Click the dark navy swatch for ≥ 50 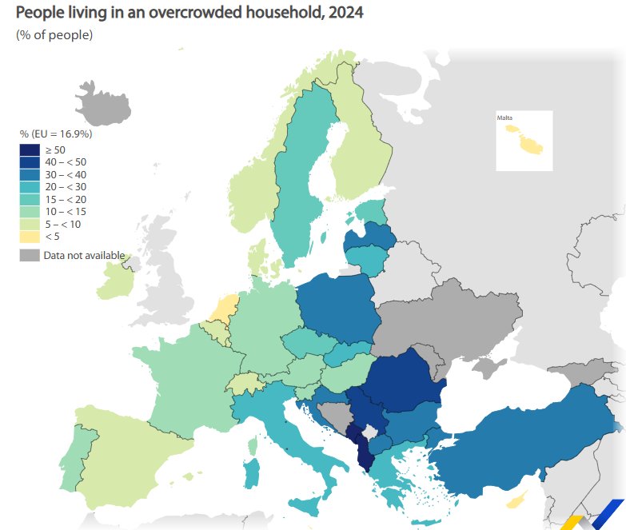[x=30, y=150]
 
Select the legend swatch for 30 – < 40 [x=30, y=174]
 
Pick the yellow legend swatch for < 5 [x=30, y=236]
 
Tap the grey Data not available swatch [x=30, y=255]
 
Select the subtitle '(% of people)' [x=54, y=35]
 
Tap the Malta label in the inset [x=504, y=118]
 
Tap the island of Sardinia [x=252, y=472]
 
